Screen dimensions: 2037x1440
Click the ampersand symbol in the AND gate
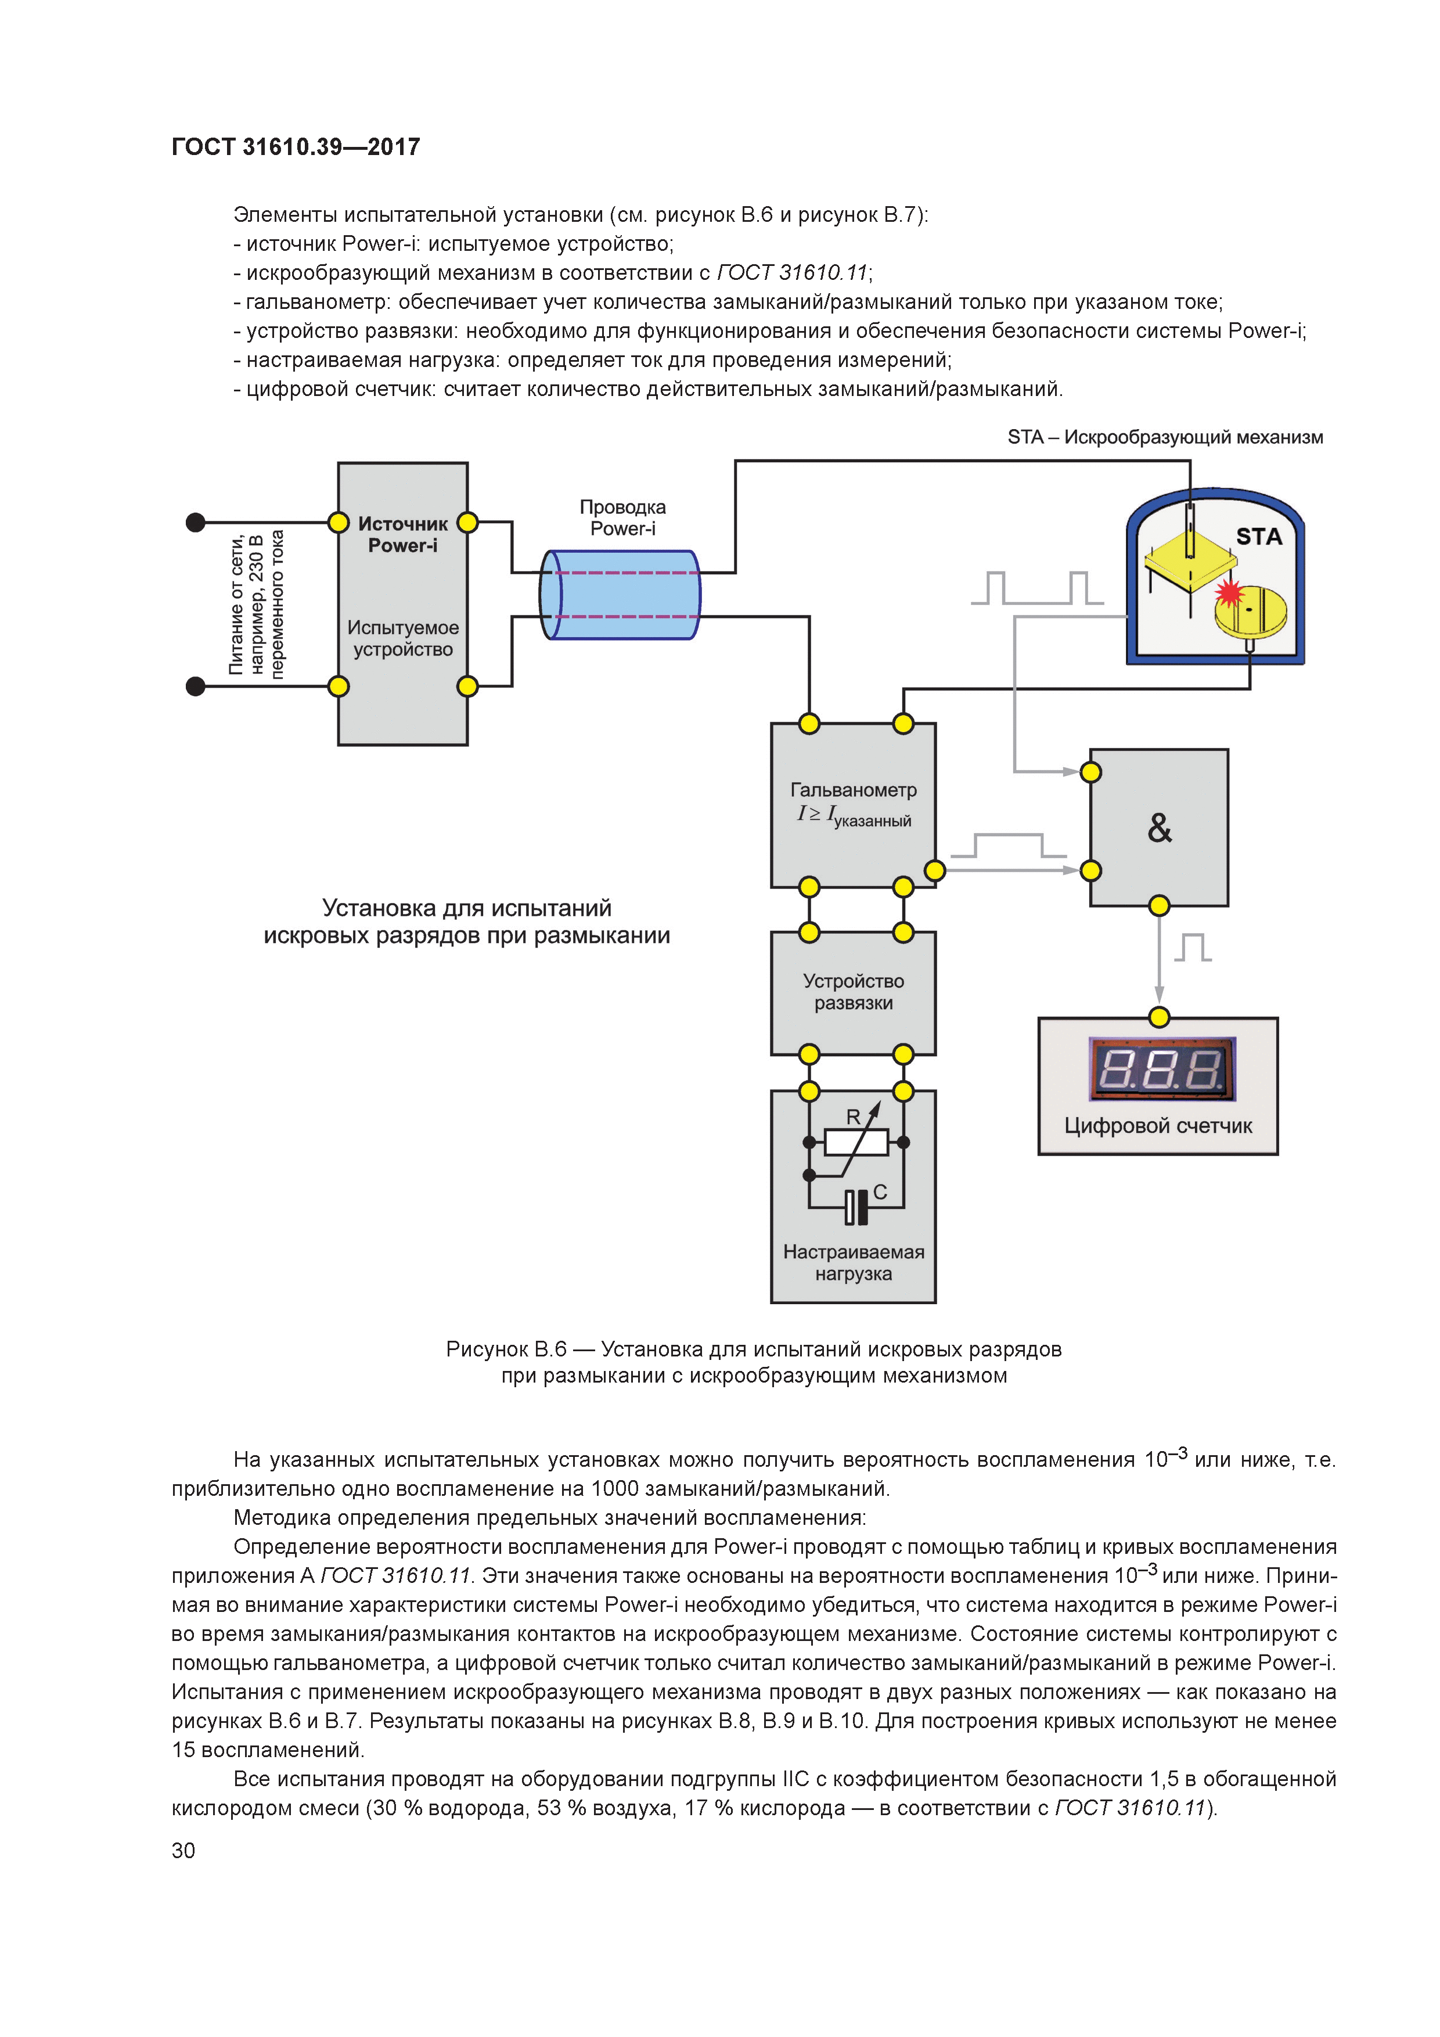pyautogui.click(x=1159, y=828)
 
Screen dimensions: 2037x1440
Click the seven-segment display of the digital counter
pyautogui.click(x=1161, y=1068)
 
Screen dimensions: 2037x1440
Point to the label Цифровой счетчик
pyautogui.click(x=1158, y=1126)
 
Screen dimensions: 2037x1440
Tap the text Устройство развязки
pyautogui.click(x=854, y=992)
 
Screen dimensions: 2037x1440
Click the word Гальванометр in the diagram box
pyautogui.click(x=854, y=790)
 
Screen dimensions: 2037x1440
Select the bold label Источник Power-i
pyautogui.click(x=403, y=534)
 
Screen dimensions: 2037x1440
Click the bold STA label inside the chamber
pyautogui.click(x=1259, y=537)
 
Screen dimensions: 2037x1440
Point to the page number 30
pyautogui.click(x=183, y=1850)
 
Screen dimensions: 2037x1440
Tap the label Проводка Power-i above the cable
pyautogui.click(x=623, y=517)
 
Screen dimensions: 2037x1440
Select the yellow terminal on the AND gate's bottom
pyautogui.click(x=1159, y=906)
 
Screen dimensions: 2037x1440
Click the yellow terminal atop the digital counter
pyautogui.click(x=1159, y=1017)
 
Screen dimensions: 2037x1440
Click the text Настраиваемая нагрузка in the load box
pyautogui.click(x=854, y=1262)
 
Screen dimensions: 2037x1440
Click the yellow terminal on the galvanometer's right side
pyautogui.click(x=934, y=870)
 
